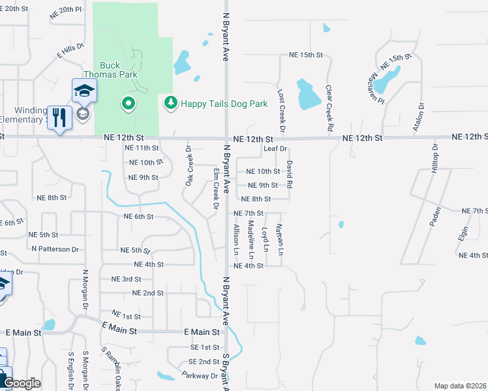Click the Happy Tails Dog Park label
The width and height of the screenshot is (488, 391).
pyautogui.click(x=224, y=104)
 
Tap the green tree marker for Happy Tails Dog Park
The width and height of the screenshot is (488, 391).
pyautogui.click(x=171, y=103)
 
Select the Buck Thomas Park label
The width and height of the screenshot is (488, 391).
pyautogui.click(x=119, y=70)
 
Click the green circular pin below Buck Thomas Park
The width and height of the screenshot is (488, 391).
pyautogui.click(x=129, y=103)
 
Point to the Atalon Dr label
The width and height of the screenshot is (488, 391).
pyautogui.click(x=418, y=117)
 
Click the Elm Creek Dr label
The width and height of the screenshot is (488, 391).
pyautogui.click(x=215, y=188)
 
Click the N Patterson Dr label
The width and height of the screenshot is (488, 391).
pyautogui.click(x=55, y=249)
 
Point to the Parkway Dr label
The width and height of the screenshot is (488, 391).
pyautogui.click(x=202, y=376)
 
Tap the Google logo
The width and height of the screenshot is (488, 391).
pyautogui.click(x=22, y=383)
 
